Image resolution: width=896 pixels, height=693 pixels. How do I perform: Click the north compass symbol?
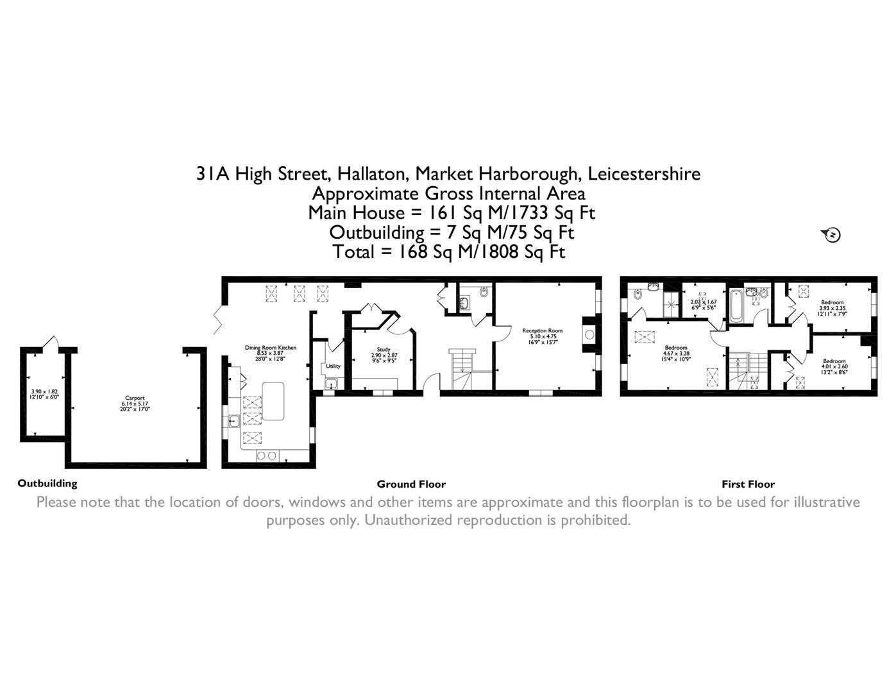pos(831,235)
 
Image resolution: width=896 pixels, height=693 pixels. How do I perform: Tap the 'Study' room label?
pos(384,350)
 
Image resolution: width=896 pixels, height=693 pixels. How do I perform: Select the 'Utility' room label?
pos(333,366)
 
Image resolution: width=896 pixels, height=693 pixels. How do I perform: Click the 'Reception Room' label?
pos(542,330)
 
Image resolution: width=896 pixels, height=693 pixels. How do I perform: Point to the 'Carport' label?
pos(135,398)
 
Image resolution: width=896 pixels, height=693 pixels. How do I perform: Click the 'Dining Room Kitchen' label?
pos(271,348)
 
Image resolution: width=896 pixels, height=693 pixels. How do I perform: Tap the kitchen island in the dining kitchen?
pos(273,401)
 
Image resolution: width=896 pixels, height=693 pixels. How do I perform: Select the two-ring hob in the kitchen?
pos(267,456)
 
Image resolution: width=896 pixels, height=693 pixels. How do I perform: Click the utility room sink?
pos(331,384)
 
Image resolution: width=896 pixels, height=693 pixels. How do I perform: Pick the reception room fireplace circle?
pos(589,334)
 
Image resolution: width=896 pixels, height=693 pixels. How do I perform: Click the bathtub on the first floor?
pos(735,306)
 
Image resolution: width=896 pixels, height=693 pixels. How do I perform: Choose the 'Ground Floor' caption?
pos(411,484)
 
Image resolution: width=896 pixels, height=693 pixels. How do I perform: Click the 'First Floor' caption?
pos(748,484)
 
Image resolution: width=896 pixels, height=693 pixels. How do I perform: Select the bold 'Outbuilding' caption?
pos(47,484)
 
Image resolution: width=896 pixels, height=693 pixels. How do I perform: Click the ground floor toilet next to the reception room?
pos(483,294)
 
